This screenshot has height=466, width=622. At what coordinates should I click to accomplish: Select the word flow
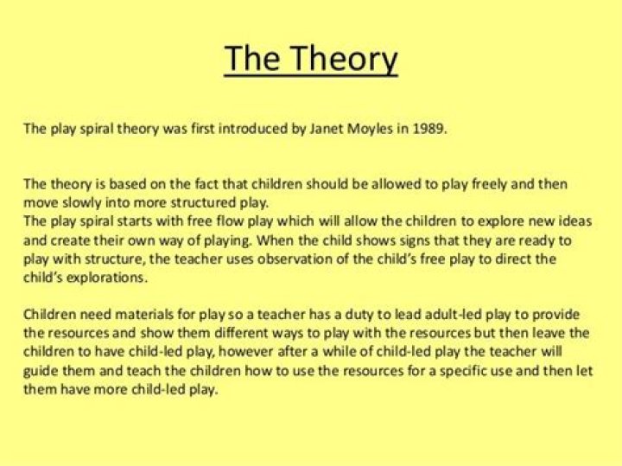234,222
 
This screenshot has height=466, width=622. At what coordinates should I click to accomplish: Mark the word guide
43,371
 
